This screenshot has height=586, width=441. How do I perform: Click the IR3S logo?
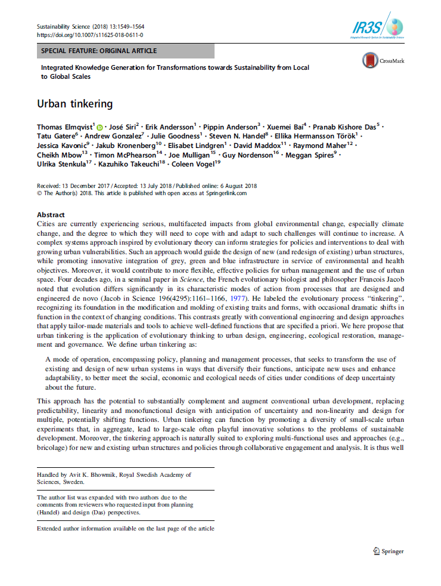point(377,27)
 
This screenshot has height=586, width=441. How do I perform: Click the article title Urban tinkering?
point(74,104)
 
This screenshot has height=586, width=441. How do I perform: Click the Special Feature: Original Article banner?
point(99,51)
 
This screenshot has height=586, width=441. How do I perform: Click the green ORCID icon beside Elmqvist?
point(100,127)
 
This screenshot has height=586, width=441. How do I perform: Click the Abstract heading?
point(51,215)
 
